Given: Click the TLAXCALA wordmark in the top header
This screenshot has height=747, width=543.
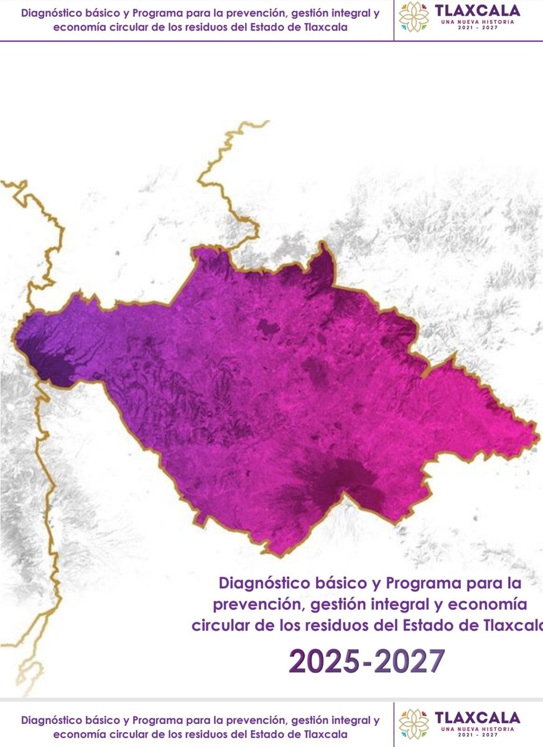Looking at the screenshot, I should (x=478, y=12).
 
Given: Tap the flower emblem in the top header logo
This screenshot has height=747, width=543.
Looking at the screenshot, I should (x=414, y=17).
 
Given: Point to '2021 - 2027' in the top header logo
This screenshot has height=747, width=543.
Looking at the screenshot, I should (x=478, y=32).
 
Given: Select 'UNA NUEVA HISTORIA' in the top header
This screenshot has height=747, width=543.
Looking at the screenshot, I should (x=478, y=25).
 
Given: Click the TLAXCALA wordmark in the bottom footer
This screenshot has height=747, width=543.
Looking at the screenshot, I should (x=478, y=717).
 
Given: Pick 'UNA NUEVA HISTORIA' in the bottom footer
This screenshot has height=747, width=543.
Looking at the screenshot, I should (x=478, y=728).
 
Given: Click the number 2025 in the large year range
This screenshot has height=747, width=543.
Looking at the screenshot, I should (x=324, y=662).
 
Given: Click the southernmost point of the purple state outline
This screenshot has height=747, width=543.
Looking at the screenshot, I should (x=269, y=553).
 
